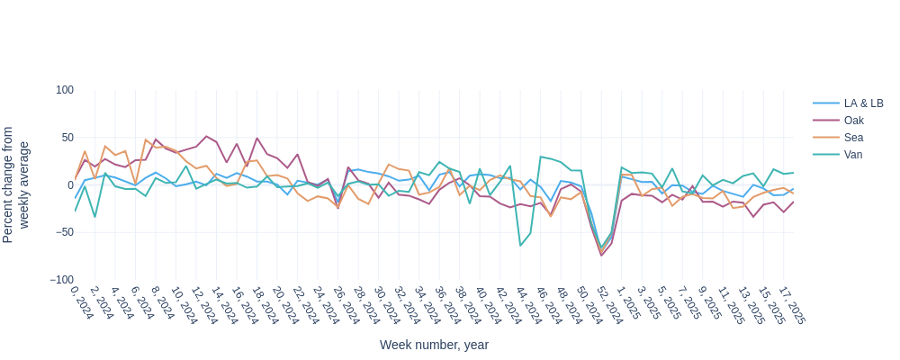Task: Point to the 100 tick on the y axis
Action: coord(65,90)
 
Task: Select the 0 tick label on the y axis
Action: coord(70,184)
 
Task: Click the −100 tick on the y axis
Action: coord(62,280)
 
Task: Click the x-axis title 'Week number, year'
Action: coord(434,345)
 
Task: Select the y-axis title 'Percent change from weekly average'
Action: coord(16,184)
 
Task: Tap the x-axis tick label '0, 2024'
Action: coord(81,303)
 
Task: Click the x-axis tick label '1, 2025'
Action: coord(628,303)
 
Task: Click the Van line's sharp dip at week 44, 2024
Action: coord(520,246)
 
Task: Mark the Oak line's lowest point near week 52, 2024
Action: coord(602,256)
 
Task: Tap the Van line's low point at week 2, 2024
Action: coord(94,217)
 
